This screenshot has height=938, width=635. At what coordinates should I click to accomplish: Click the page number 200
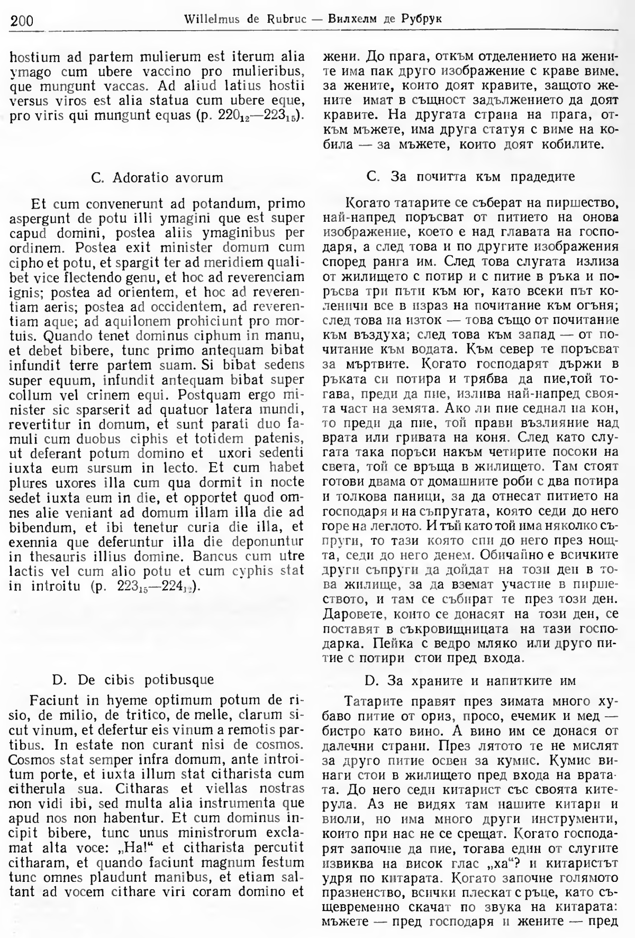pos(22,21)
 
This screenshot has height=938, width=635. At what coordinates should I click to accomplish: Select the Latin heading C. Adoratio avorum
pos(157,178)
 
